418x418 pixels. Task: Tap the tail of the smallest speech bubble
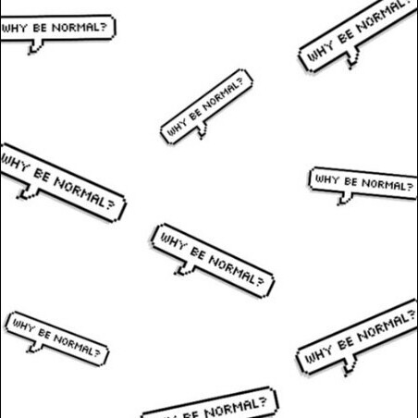[x=202, y=130]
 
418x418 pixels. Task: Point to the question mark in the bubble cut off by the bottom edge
[x=262, y=402]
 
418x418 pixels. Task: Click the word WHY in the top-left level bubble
[x=14, y=29]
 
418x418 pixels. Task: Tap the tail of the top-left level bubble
[x=35, y=47]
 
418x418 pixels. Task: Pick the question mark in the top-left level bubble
[x=104, y=27]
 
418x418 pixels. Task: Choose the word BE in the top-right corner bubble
[x=346, y=37]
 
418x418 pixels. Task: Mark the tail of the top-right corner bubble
[x=352, y=58]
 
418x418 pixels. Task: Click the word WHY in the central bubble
[x=174, y=240]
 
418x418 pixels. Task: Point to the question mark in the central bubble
[x=260, y=281]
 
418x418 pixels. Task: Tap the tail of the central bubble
[x=184, y=269]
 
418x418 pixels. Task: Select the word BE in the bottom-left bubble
[x=44, y=334]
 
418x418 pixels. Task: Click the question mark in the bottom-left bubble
[x=96, y=352]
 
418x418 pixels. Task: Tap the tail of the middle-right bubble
[x=345, y=198]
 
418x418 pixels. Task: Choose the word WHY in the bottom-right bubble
[x=318, y=354]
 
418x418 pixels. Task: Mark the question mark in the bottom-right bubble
[x=411, y=315]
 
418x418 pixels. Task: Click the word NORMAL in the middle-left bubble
[x=79, y=192]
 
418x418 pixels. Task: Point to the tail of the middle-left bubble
[x=28, y=192]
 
